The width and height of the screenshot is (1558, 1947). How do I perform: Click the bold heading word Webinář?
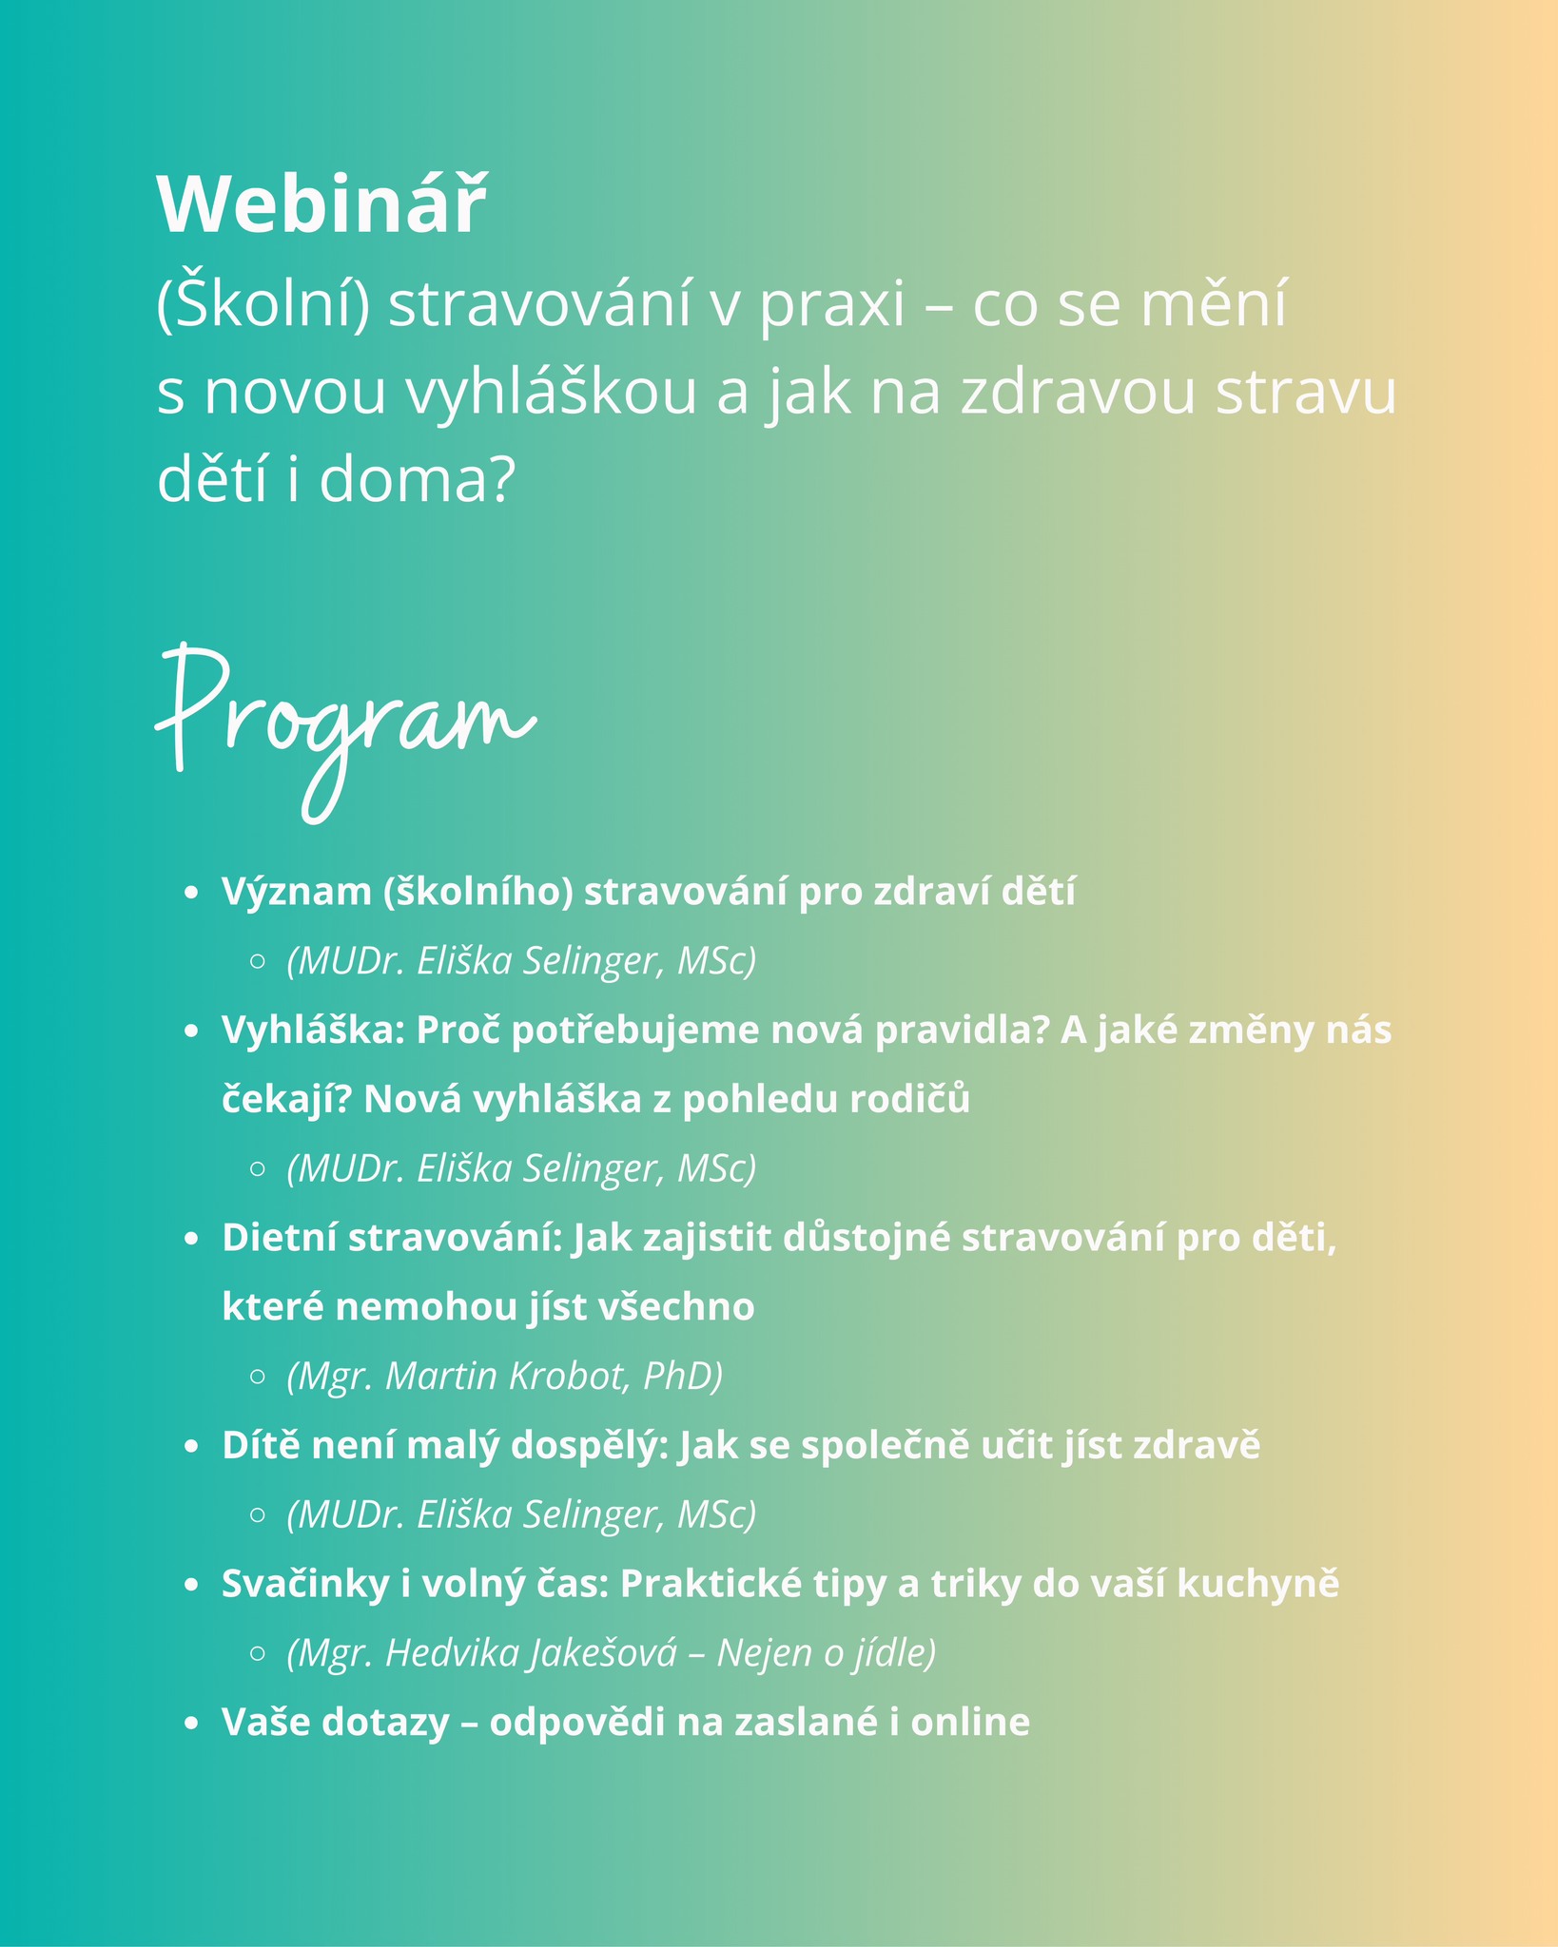[321, 205]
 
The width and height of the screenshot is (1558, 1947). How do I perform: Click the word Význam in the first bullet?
[296, 892]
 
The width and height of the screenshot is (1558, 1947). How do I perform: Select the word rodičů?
[909, 1099]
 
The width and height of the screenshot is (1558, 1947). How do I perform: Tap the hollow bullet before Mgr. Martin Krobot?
[257, 1377]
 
